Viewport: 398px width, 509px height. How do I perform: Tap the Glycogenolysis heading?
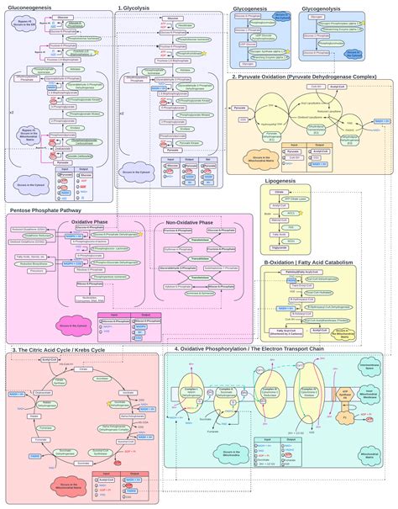tap(322, 7)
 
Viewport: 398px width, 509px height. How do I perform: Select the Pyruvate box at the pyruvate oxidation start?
tap(240, 108)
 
